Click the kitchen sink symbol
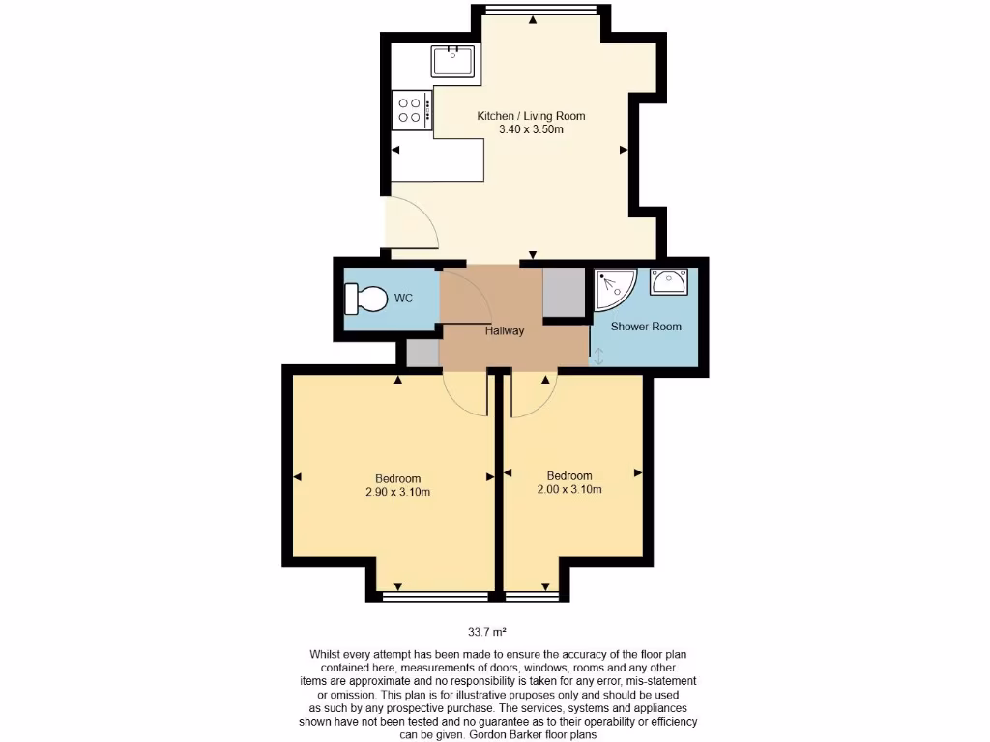coord(452,61)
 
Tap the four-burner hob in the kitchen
coord(411,109)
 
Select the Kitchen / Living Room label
coord(531,116)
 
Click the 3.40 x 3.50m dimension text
coord(531,129)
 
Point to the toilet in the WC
coord(364,299)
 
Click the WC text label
coord(403,299)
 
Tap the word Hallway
coord(505,331)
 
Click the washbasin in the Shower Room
coord(668,282)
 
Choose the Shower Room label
coord(646,327)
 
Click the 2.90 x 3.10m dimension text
coord(397,492)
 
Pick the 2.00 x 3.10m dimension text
coord(569,489)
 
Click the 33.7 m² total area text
coord(487,633)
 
